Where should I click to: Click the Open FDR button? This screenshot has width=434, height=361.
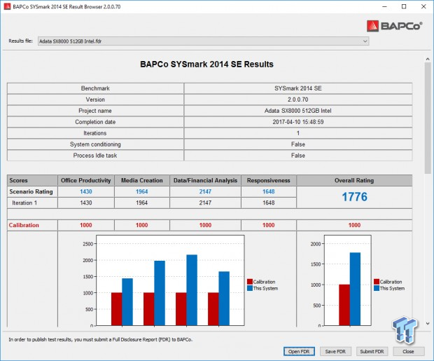click(300, 351)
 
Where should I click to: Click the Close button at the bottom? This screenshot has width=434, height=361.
click(407, 351)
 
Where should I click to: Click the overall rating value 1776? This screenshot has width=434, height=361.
click(354, 197)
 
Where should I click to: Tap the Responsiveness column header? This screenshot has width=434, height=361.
click(269, 180)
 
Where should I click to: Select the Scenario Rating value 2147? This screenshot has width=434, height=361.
click(205, 191)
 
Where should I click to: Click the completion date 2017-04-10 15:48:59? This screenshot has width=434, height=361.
click(298, 121)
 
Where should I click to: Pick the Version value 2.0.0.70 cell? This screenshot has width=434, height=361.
click(298, 100)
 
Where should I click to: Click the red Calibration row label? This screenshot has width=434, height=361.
click(24, 225)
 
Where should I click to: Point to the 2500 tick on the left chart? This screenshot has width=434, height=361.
click(87, 244)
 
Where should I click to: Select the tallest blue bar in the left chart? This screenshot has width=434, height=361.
click(191, 290)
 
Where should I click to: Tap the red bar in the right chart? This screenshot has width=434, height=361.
click(344, 305)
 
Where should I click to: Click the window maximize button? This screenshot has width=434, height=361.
click(402, 6)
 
